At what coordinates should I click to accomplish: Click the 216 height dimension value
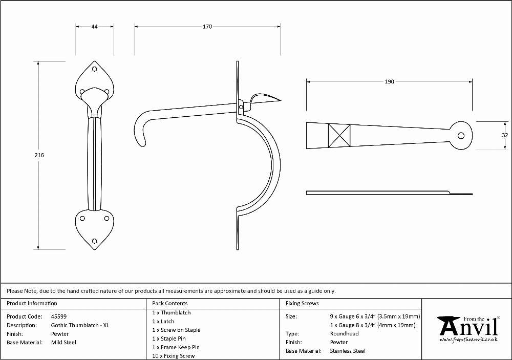(39, 155)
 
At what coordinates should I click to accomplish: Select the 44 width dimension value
(94, 27)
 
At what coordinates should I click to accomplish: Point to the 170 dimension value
(207, 27)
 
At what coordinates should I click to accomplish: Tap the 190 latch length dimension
(389, 81)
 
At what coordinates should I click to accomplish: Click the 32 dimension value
(505, 135)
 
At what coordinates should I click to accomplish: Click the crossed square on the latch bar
(339, 136)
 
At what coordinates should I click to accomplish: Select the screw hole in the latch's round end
(461, 136)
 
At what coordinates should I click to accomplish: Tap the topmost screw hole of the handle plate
(95, 69)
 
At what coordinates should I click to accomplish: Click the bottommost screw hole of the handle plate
(95, 241)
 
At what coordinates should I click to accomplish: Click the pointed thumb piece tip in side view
(281, 100)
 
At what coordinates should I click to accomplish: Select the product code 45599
(59, 316)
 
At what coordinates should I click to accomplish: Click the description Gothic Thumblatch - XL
(80, 325)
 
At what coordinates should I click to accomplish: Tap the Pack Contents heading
(170, 304)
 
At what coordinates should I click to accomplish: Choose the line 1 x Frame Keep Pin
(176, 347)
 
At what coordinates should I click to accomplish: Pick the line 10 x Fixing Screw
(174, 356)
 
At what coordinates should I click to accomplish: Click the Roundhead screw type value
(344, 333)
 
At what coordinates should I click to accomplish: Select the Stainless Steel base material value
(348, 351)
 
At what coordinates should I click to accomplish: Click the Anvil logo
(468, 329)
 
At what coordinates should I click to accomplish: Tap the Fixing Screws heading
(302, 304)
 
